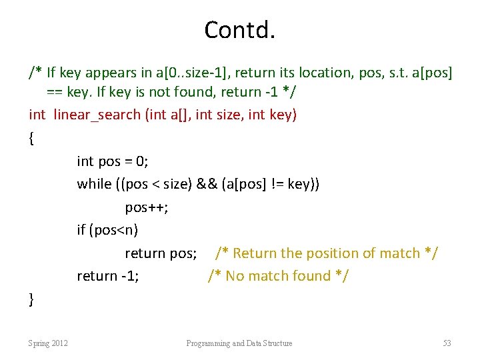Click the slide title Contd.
(239, 30)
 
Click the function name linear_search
(96, 115)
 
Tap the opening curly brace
(31, 138)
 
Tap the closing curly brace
(31, 300)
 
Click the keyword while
(94, 184)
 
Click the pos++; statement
(146, 207)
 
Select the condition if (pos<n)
(107, 231)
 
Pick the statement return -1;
(108, 276)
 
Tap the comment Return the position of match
(326, 253)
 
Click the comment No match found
(279, 276)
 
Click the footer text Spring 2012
(47, 343)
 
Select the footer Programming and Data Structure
(239, 343)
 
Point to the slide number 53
(447, 343)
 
